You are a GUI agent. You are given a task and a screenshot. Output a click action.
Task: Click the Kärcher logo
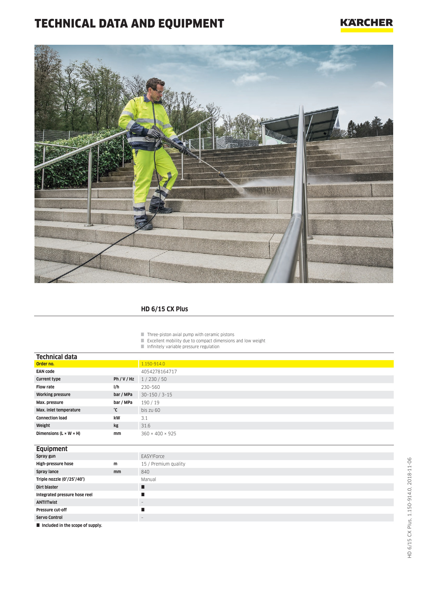coord(366,25)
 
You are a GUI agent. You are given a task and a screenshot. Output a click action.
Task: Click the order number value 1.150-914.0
coord(153,364)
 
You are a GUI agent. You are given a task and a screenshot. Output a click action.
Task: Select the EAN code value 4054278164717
coord(159,372)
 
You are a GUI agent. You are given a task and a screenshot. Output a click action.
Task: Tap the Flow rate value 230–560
coord(150,387)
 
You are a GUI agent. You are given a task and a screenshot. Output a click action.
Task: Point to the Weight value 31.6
coord(146,426)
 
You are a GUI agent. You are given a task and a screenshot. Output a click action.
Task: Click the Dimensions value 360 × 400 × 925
coord(158,434)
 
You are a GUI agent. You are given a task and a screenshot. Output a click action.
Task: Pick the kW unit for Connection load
coord(117,418)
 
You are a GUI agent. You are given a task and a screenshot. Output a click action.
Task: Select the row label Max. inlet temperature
coord(58,410)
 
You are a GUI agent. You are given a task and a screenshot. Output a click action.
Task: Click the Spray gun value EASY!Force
coord(152,456)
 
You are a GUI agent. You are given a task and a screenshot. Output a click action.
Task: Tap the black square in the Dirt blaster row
coord(143,487)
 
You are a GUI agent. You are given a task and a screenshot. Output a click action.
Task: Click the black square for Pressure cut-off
coord(143,510)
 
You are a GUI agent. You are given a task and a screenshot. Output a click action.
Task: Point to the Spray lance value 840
coord(145,472)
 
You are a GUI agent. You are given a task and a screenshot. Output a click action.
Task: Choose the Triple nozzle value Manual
coord(148,479)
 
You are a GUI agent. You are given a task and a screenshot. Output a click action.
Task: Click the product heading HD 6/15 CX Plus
coord(164,309)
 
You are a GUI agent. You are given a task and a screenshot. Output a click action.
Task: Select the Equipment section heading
coord(52,449)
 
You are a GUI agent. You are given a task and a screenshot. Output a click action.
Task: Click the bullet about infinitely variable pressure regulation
coord(183,347)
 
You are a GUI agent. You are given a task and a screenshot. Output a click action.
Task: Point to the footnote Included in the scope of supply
coord(72,525)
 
